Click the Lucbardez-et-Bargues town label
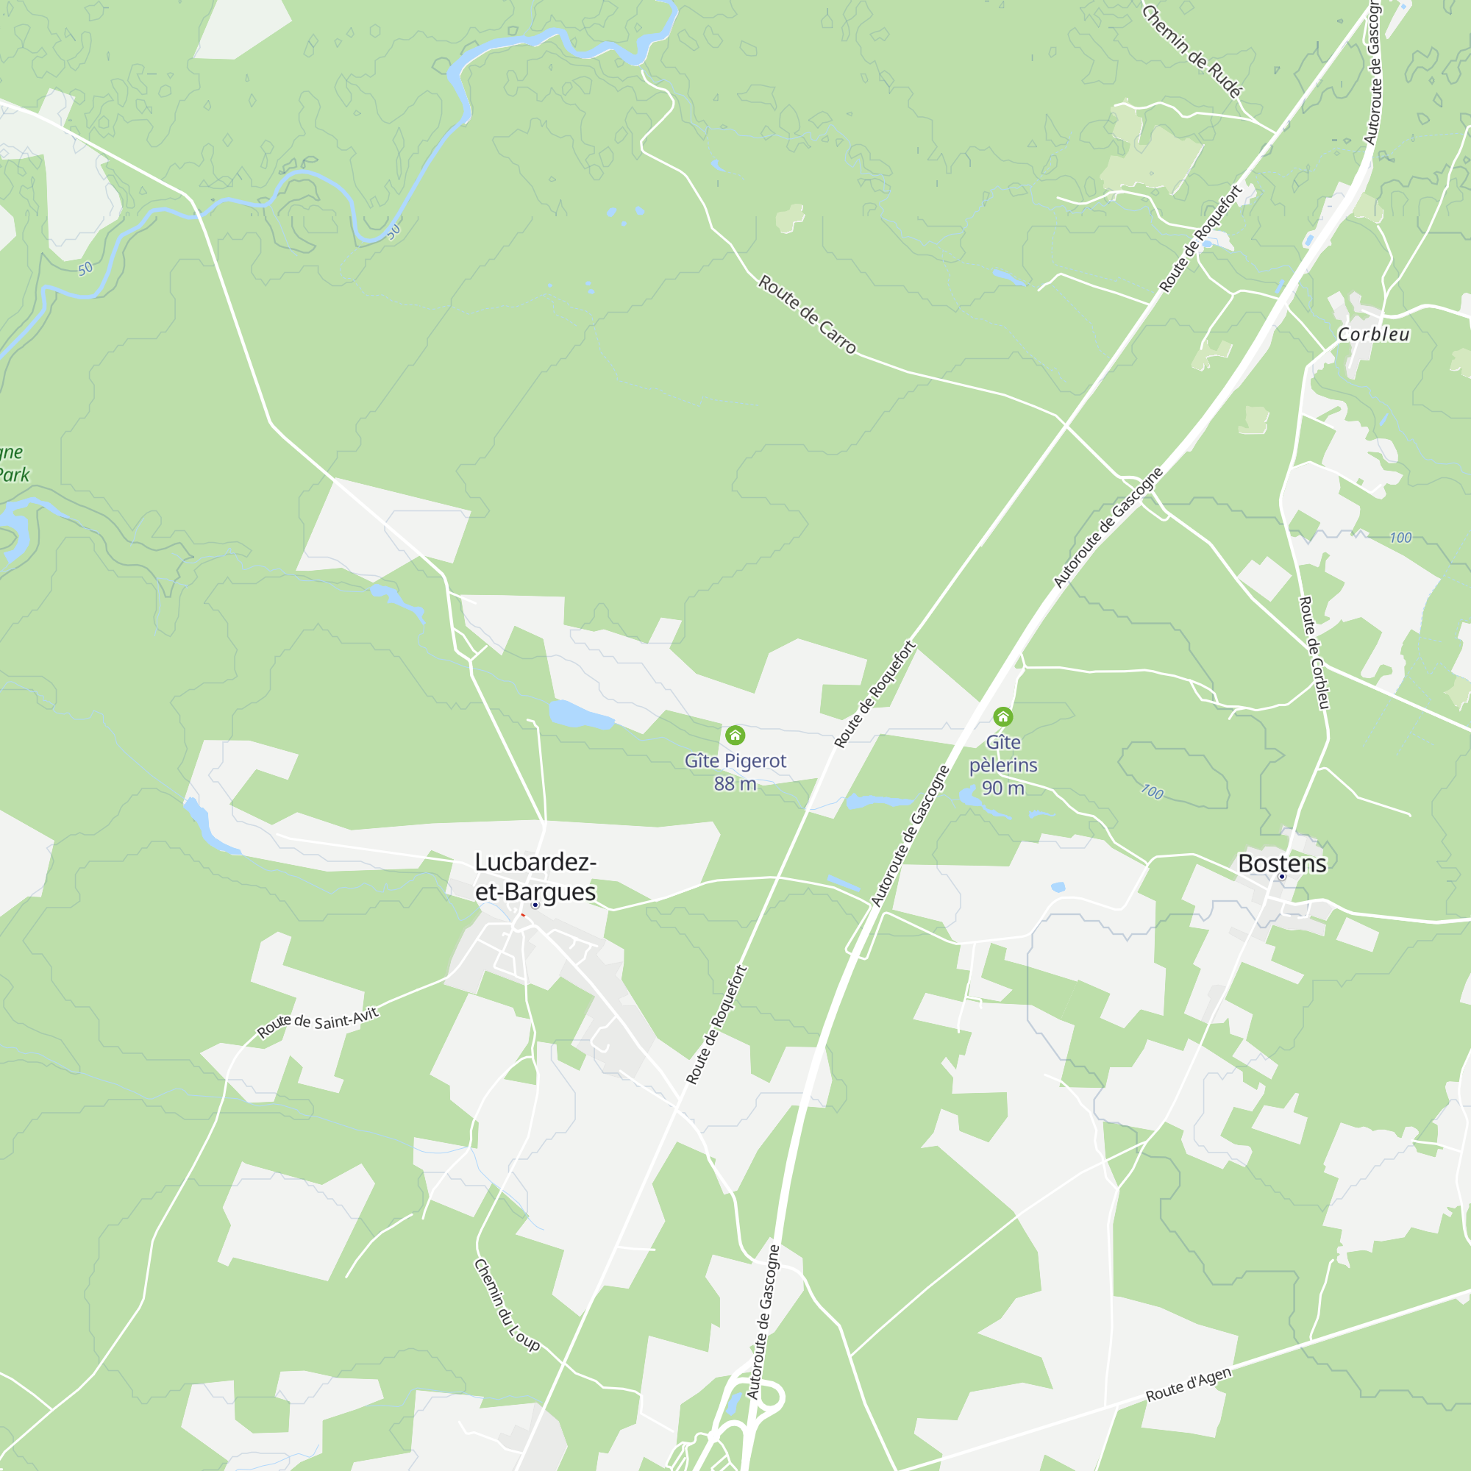tap(535, 877)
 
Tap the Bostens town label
tap(1282, 863)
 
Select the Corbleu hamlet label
tap(1373, 334)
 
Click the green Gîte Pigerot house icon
tap(735, 735)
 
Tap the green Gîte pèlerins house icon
tap(1002, 716)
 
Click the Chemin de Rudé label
tap(1192, 51)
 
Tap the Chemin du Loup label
tap(506, 1304)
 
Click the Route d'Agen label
tap(1188, 1385)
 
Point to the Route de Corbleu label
tap(1314, 652)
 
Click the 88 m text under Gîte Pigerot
tap(735, 783)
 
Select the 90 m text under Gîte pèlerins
tap(1002, 788)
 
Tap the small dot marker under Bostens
tap(1282, 877)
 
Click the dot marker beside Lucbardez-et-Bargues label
tap(535, 905)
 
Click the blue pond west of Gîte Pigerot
tap(580, 715)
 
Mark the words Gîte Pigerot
tap(735, 761)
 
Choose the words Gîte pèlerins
tap(1002, 754)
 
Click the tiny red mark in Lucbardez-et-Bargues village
tap(523, 914)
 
